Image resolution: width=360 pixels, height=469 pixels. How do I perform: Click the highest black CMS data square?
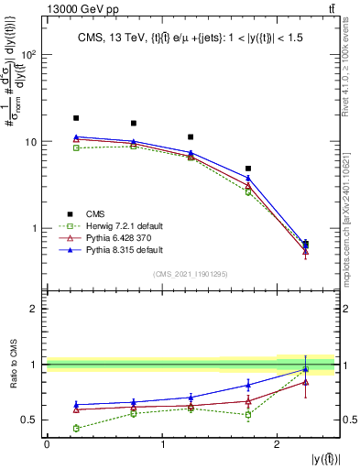click(x=76, y=118)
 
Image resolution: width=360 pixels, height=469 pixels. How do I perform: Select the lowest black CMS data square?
click(x=305, y=244)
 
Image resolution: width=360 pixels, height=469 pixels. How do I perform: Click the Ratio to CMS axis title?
click(x=14, y=365)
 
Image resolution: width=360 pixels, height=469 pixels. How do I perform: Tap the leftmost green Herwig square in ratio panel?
click(x=76, y=428)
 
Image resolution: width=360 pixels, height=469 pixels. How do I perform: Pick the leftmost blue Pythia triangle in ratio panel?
click(x=76, y=404)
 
